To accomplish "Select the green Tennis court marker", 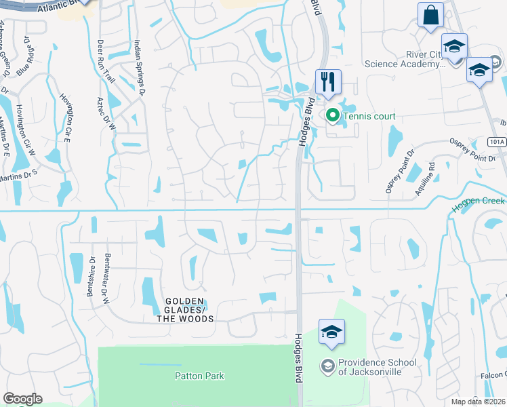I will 332,115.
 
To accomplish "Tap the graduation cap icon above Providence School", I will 332,332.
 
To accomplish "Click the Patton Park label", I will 199,376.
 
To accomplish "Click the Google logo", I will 22,399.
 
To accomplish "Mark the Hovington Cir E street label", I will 66,118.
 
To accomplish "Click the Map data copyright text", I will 479,402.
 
